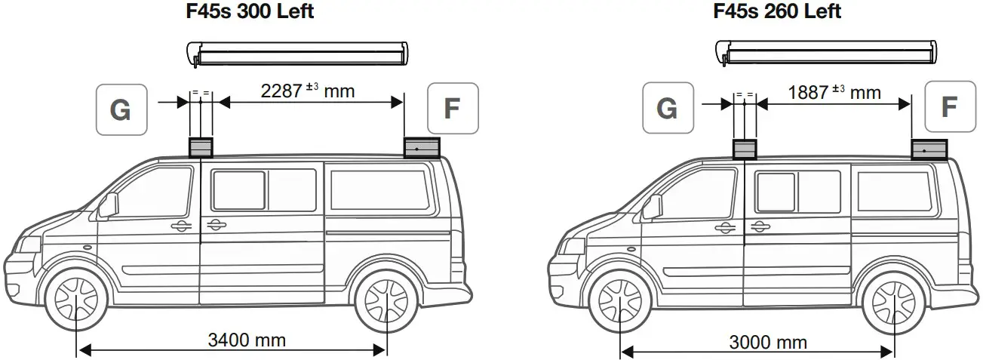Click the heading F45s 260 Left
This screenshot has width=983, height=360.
[776, 11]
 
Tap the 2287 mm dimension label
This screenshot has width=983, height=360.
[306, 92]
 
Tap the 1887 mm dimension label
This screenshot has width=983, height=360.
[834, 92]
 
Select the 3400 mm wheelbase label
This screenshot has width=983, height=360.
[247, 340]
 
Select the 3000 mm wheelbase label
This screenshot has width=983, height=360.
[768, 343]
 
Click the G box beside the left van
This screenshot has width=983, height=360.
[121, 110]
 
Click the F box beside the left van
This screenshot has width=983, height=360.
[452, 109]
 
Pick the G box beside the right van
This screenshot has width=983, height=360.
[667, 109]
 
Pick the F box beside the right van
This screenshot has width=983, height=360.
[949, 106]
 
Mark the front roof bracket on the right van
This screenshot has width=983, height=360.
[745, 149]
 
